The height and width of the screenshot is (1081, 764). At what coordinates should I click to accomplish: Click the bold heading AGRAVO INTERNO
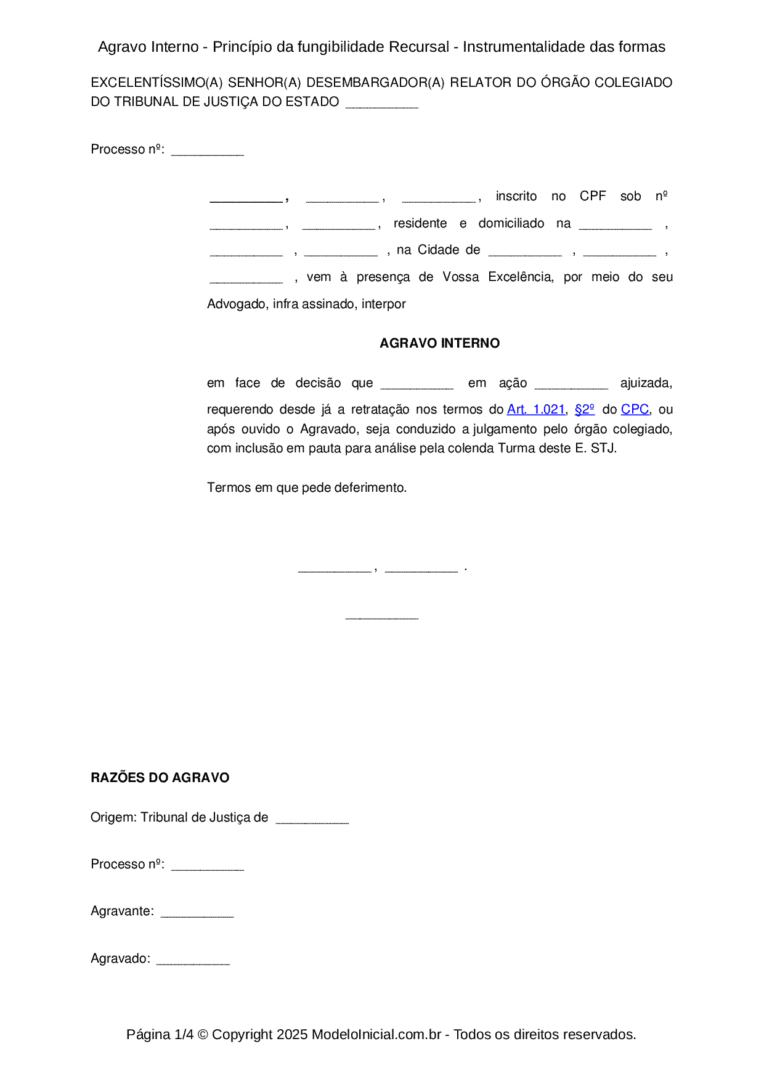(x=439, y=343)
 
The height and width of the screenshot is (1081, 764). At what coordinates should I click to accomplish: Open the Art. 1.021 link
(x=535, y=409)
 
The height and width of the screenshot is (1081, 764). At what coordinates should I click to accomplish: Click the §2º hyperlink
(x=584, y=409)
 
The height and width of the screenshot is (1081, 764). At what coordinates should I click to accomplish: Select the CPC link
(x=635, y=409)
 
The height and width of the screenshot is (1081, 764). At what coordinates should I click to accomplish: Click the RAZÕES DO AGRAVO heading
(x=160, y=778)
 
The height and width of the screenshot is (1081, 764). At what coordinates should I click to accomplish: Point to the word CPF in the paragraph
(x=593, y=196)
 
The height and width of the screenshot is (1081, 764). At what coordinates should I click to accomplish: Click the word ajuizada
(x=646, y=383)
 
